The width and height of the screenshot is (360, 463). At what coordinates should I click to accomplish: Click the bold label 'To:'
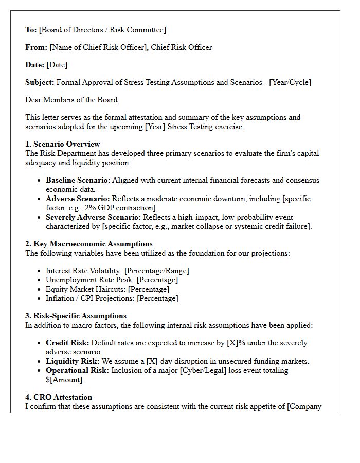point(31,30)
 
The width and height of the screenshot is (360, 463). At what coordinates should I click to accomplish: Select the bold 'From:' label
point(36,47)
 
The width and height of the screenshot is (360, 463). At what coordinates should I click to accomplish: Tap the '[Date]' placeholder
point(57,65)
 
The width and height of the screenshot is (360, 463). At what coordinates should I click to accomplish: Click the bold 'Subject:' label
point(40,82)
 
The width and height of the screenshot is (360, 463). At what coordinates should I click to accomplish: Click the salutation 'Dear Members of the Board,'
point(72,100)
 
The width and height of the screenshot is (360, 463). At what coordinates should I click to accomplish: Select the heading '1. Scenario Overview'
point(63,144)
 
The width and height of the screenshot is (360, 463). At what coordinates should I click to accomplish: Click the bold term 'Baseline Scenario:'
point(78,180)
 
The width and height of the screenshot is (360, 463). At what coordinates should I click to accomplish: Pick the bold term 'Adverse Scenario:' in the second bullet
point(78,199)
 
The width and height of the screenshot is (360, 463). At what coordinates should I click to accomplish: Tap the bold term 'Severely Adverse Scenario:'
point(94,217)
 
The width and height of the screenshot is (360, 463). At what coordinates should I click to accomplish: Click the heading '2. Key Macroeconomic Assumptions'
point(89,244)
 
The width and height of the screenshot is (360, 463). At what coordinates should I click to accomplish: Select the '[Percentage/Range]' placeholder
point(157,271)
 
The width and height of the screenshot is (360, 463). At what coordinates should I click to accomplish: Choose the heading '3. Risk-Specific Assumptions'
point(76,316)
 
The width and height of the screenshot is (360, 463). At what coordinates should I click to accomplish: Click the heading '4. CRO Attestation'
point(59,397)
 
